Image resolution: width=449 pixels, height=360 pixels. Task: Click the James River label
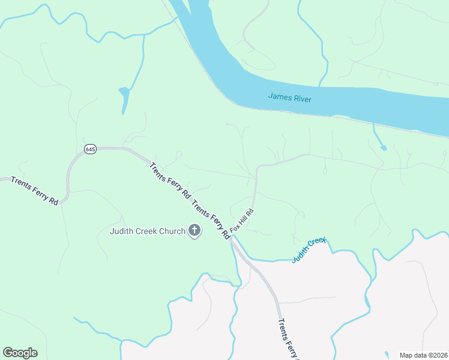[x=289, y=97]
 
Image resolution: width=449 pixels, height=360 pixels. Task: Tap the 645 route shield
[x=90, y=149]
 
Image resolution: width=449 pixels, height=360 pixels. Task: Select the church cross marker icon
[x=194, y=230]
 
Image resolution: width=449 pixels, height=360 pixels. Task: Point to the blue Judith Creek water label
[x=309, y=250]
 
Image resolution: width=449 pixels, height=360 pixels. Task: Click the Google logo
[x=20, y=353]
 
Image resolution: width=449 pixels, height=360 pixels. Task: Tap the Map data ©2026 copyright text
[x=423, y=355]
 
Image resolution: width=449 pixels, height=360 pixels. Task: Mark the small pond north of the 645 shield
[x=124, y=97]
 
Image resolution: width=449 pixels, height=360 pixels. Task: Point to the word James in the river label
[x=279, y=96]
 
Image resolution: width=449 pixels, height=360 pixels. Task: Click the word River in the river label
[x=301, y=98]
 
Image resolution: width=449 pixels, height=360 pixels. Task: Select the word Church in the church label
[x=172, y=231]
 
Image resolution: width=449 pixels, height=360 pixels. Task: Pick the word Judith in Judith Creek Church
[x=122, y=231]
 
